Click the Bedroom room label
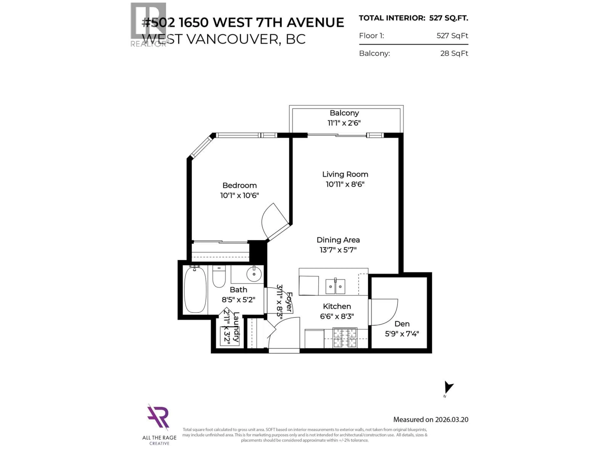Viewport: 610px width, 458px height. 239,185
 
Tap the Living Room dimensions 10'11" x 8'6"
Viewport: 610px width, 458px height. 345,184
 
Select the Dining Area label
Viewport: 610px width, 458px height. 338,240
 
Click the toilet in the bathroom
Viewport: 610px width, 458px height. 219,277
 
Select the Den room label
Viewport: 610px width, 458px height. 402,324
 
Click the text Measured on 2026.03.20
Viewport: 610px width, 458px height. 430,419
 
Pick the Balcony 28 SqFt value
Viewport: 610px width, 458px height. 454,53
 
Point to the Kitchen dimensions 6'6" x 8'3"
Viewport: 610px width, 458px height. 337,316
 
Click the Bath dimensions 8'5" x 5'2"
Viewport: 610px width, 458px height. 238,300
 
